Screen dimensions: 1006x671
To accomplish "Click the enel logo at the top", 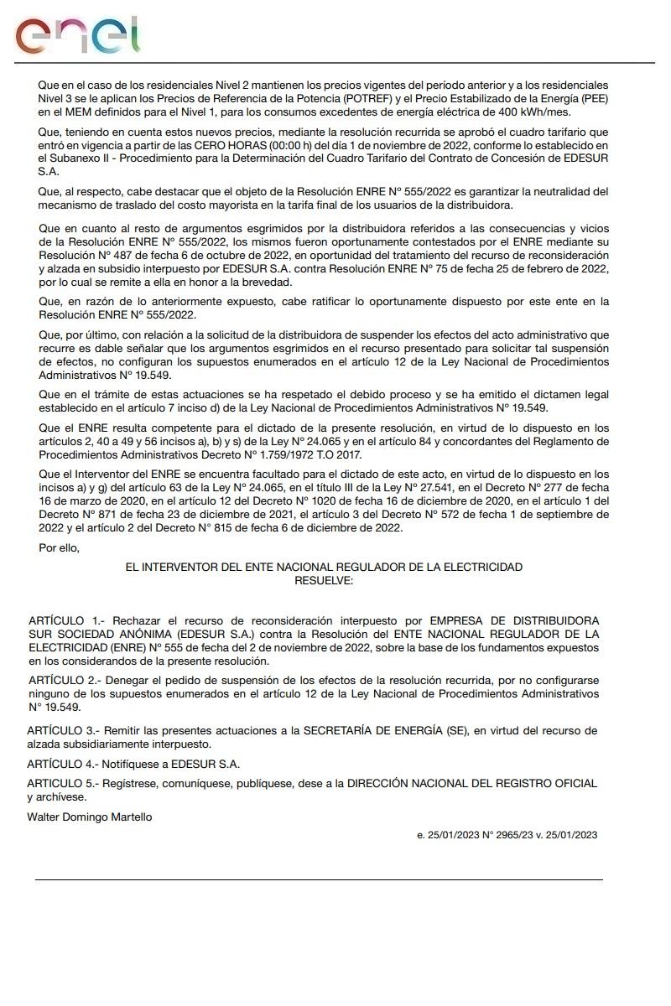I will click(77, 35).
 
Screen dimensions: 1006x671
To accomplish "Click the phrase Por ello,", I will click(59, 547).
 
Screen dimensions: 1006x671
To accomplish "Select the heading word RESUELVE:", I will click(324, 579).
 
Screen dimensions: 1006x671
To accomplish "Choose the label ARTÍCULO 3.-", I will click(63, 731).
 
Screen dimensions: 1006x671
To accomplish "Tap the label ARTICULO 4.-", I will click(63, 764).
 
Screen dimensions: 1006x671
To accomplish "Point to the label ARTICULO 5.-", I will click(63, 783).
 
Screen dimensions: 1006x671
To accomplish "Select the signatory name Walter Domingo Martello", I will click(90, 817).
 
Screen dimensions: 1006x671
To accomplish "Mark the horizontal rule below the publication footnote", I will click(319, 879).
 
